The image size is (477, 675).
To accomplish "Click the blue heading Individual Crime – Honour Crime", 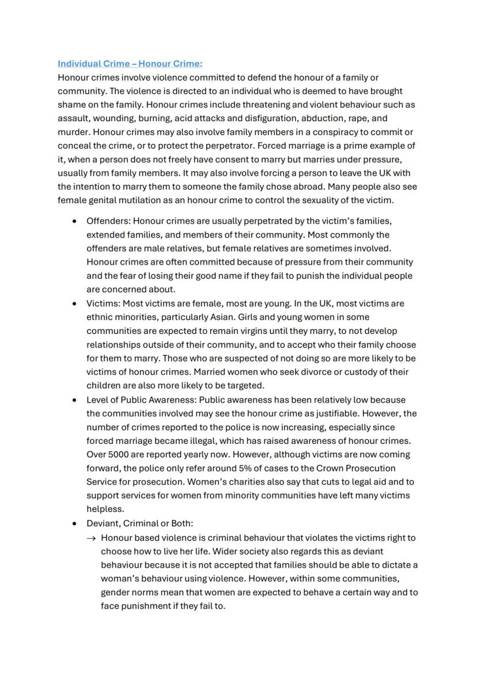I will pos(130,63).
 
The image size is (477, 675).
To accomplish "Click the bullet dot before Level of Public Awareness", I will pos(74,400).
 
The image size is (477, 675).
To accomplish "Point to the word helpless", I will pos(105,510).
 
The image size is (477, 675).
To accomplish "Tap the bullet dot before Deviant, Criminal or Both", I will pos(74,524).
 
